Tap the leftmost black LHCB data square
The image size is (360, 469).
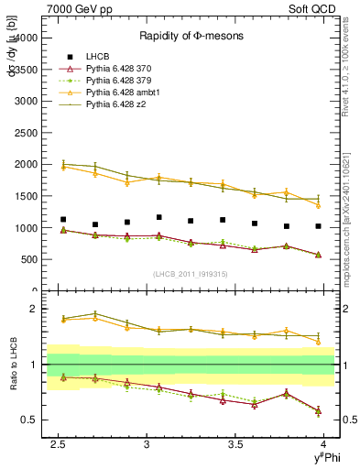point(62,220)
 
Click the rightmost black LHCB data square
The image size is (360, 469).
point(318,226)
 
